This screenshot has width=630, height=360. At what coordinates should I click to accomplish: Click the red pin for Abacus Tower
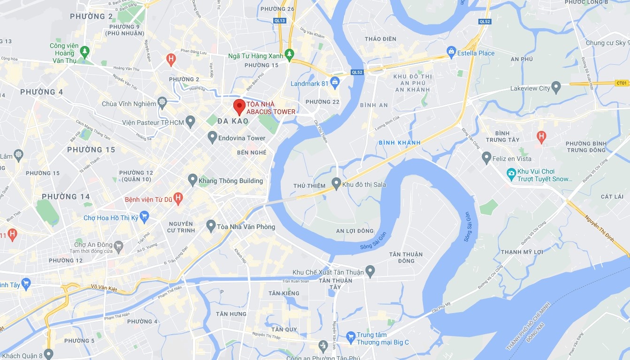(x=239, y=106)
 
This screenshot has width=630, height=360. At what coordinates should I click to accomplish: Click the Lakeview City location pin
(x=556, y=87)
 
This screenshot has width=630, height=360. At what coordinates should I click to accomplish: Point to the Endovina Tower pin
(x=212, y=137)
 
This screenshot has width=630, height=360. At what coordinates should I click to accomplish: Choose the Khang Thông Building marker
(x=192, y=180)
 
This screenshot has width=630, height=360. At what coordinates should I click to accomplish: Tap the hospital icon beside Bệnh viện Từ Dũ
(x=178, y=199)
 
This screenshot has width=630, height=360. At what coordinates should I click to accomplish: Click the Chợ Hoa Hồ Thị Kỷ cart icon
(x=144, y=217)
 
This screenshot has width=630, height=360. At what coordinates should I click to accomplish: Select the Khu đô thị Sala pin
(x=336, y=184)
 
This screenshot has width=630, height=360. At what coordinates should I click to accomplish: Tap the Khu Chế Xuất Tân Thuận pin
(x=370, y=271)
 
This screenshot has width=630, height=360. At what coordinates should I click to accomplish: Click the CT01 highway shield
(x=622, y=83)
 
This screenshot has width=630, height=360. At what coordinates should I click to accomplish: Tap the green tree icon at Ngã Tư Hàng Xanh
(x=290, y=55)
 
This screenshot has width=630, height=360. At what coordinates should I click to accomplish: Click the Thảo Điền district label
(x=380, y=39)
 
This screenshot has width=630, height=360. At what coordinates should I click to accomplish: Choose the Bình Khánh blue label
(x=400, y=142)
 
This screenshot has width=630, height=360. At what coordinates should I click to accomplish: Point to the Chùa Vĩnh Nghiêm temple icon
(x=162, y=103)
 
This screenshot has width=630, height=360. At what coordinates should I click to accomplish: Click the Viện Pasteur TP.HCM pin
(x=190, y=122)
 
